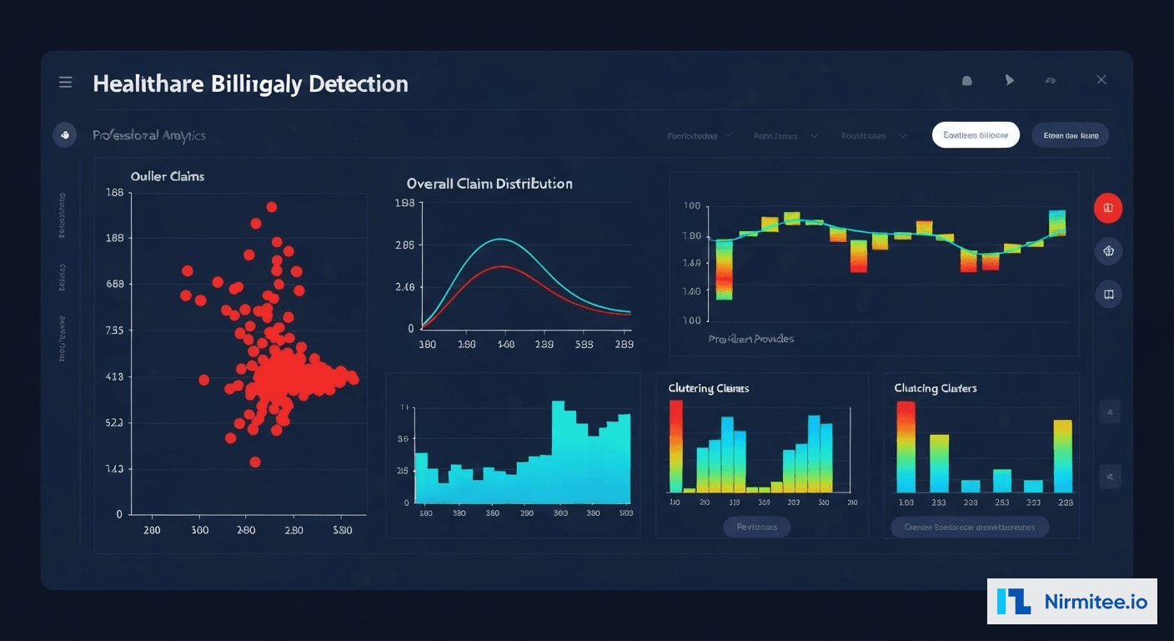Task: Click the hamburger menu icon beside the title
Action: (66, 82)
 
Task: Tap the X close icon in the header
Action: (1101, 80)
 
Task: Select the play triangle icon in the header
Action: (1010, 80)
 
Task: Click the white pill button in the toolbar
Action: (976, 135)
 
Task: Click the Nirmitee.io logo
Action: (1072, 601)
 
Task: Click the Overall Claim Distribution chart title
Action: (489, 184)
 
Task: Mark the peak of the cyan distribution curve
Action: (500, 240)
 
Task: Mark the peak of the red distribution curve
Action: (501, 267)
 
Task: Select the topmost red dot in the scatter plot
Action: (271, 207)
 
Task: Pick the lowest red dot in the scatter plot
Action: (255, 462)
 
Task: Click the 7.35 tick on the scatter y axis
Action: (114, 331)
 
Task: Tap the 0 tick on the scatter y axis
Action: (119, 515)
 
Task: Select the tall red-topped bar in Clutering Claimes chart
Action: (675, 447)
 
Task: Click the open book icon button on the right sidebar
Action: (1108, 295)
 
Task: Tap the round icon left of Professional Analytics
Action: (65, 135)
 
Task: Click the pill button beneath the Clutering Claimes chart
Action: (756, 527)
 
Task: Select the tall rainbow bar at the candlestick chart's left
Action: (724, 270)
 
